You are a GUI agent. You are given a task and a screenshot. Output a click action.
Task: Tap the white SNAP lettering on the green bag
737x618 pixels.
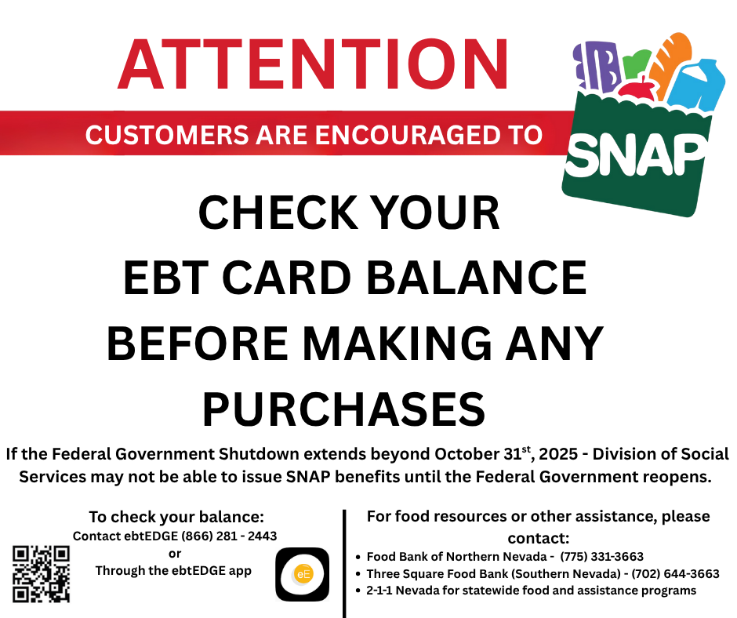tap(635, 154)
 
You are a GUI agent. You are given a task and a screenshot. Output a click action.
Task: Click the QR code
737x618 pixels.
tap(41, 574)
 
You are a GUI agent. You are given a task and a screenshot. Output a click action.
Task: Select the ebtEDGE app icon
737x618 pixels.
tap(302, 574)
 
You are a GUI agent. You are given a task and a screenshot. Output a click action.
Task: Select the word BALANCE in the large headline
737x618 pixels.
tap(477, 278)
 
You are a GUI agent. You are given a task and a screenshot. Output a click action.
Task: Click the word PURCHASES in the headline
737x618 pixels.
tap(344, 408)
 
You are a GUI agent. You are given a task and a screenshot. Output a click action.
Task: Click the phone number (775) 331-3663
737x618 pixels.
tap(601, 557)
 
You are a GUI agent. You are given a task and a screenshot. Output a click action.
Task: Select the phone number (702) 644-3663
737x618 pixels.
tap(675, 574)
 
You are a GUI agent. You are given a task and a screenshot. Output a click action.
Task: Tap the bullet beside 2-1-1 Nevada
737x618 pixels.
tap(358, 591)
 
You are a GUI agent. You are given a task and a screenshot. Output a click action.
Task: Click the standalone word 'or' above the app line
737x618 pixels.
tap(175, 554)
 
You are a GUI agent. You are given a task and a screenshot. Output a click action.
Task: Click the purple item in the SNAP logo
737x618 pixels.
tap(596, 66)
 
